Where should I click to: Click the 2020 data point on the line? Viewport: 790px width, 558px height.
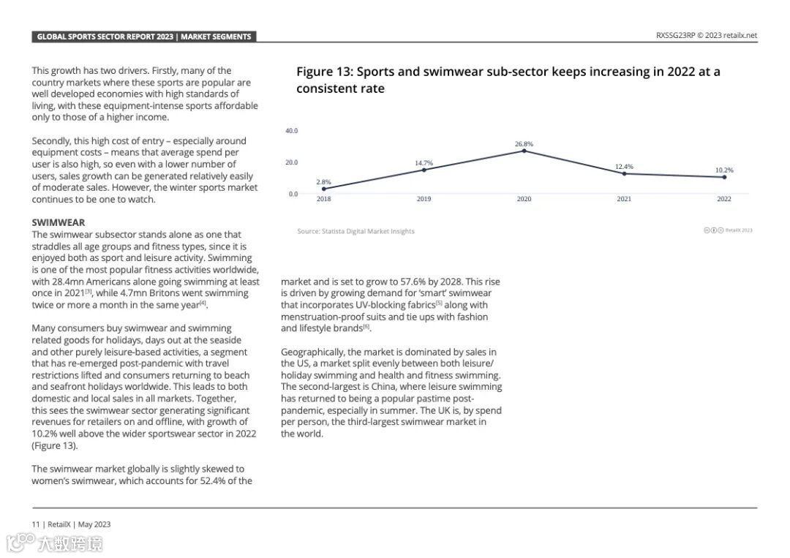[x=524, y=151]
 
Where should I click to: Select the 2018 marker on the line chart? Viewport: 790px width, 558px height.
[x=323, y=189]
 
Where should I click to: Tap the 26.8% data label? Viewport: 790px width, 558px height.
[x=524, y=144]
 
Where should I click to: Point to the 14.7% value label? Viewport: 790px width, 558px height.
[x=424, y=163]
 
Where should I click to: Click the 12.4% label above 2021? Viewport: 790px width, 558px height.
[x=624, y=167]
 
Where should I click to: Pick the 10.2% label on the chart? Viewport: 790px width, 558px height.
[x=724, y=170]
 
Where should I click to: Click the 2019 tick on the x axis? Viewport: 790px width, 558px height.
[x=424, y=199]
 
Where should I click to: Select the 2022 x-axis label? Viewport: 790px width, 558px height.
[x=724, y=199]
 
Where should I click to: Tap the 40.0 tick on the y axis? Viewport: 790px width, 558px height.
[x=291, y=131]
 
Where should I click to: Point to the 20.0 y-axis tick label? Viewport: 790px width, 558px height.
[x=291, y=162]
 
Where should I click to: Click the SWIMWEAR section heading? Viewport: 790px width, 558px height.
[x=58, y=222]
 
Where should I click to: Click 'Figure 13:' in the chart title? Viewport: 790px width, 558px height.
[x=324, y=72]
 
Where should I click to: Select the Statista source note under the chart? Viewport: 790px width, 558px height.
[x=355, y=231]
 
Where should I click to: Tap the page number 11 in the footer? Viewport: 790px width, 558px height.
[x=35, y=524]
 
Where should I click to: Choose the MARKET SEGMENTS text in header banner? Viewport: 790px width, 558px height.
[x=216, y=37]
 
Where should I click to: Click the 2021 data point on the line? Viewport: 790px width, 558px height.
[x=624, y=173]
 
